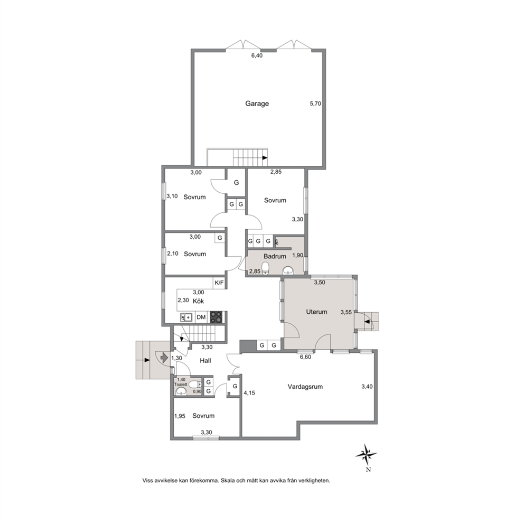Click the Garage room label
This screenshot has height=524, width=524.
257,104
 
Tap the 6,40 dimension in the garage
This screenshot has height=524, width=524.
257,56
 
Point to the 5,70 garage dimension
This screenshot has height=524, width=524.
315,104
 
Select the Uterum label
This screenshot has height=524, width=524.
316,312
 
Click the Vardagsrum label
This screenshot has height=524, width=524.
305,387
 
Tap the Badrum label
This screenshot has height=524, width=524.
275,256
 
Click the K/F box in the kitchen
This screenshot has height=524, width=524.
219,283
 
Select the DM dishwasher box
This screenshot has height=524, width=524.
201,317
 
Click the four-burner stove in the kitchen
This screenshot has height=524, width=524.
216,317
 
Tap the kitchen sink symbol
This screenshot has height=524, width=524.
186,317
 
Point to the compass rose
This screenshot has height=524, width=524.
367,454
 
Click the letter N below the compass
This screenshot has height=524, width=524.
368,470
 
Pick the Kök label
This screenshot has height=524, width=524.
198,301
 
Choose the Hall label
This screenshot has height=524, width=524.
205,361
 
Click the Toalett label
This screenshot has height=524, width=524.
181,385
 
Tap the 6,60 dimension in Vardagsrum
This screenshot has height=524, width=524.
305,357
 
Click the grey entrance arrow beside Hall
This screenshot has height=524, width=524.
164,357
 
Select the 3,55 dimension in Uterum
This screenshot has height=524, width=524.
346,312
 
